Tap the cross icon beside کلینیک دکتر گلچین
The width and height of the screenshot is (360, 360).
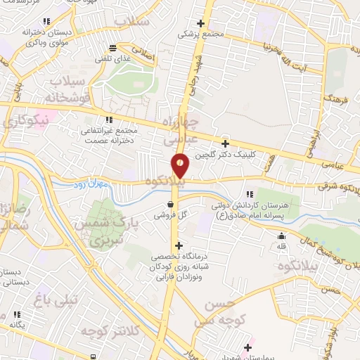pyautogui.click(x=225, y=143)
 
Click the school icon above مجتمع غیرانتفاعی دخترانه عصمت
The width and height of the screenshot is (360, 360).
pyautogui.click(x=108, y=120)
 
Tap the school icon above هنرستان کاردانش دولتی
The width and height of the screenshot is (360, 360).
pyautogui.click(x=250, y=194)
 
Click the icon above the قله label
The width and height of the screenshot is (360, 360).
pyautogui.click(x=281, y=236)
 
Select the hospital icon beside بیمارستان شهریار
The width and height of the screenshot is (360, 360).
pyautogui.click(x=247, y=346)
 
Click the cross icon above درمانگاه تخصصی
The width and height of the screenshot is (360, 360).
pyautogui.click(x=179, y=246)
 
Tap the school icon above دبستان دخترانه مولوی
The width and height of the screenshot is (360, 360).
pyautogui.click(x=46, y=22)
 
